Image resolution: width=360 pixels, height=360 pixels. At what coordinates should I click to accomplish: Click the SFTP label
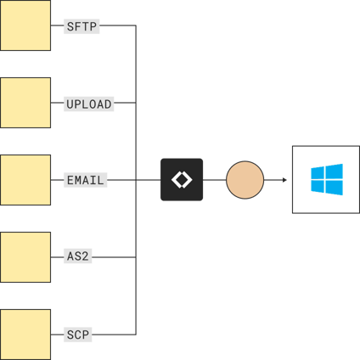point(82,26)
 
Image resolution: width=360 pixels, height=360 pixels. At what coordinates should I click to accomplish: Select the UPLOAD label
point(89,104)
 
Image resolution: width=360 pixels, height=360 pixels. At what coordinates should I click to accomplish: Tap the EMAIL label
point(85,180)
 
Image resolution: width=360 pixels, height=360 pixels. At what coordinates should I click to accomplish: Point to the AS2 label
point(79,256)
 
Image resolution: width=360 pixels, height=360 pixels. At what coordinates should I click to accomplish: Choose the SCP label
point(78,335)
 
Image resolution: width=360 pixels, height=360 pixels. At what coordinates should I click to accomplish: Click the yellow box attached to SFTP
point(25,25)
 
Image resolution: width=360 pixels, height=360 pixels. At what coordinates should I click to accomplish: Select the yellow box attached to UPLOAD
point(25,103)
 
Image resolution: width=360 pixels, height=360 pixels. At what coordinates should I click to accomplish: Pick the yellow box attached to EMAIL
point(25,180)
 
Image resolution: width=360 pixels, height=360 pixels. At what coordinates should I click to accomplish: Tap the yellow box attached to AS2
point(25,256)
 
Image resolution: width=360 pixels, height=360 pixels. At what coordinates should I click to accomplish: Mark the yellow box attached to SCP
point(25,334)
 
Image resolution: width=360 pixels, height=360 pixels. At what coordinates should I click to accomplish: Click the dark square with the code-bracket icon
point(182,180)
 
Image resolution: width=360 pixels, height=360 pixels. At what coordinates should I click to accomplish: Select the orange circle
point(245,180)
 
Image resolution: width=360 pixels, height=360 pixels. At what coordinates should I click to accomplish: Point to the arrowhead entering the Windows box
point(284,180)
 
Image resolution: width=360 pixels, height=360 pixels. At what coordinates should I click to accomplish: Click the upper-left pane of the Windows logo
point(318,173)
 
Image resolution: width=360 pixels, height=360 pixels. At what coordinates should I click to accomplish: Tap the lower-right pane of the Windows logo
point(334,188)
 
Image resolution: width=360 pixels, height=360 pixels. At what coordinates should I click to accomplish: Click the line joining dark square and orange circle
point(214,180)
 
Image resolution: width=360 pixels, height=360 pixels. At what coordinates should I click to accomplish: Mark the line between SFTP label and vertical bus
point(118,26)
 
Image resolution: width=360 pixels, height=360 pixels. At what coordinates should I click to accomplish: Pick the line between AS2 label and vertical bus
point(115,256)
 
